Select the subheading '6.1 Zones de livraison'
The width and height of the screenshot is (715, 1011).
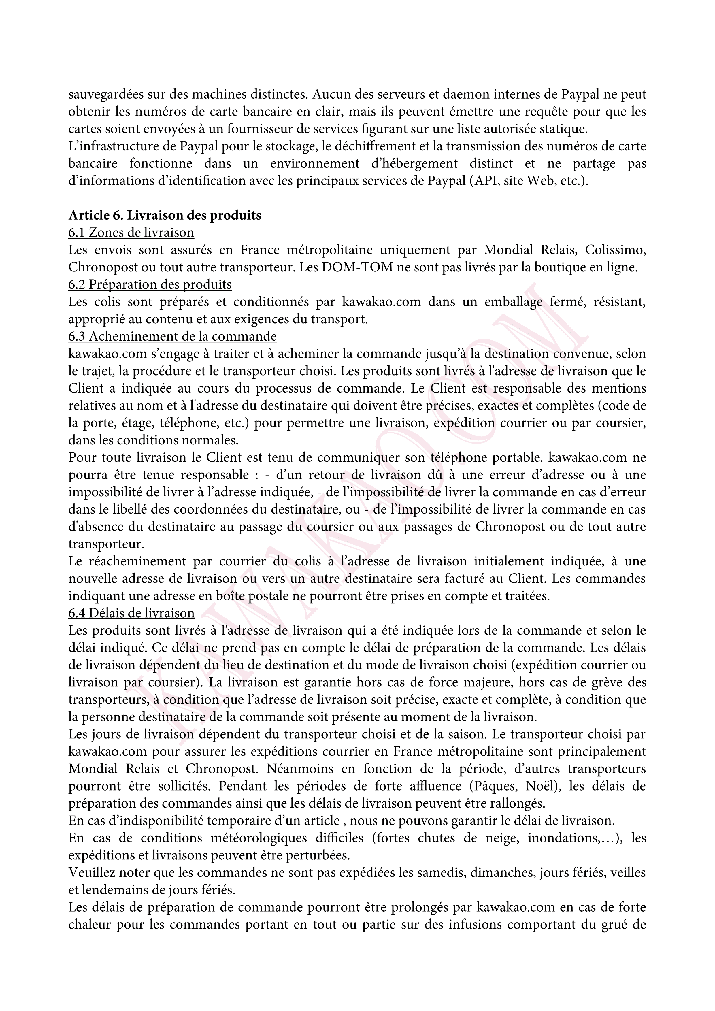click(131, 233)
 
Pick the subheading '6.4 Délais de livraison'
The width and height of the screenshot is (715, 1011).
click(131, 613)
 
